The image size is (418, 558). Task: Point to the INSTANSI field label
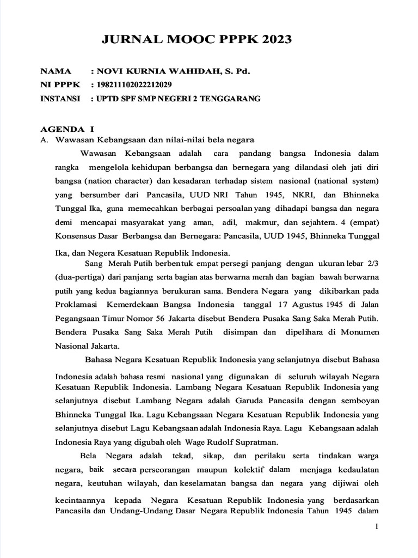pos(60,99)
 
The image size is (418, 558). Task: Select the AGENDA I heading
pos(67,129)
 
